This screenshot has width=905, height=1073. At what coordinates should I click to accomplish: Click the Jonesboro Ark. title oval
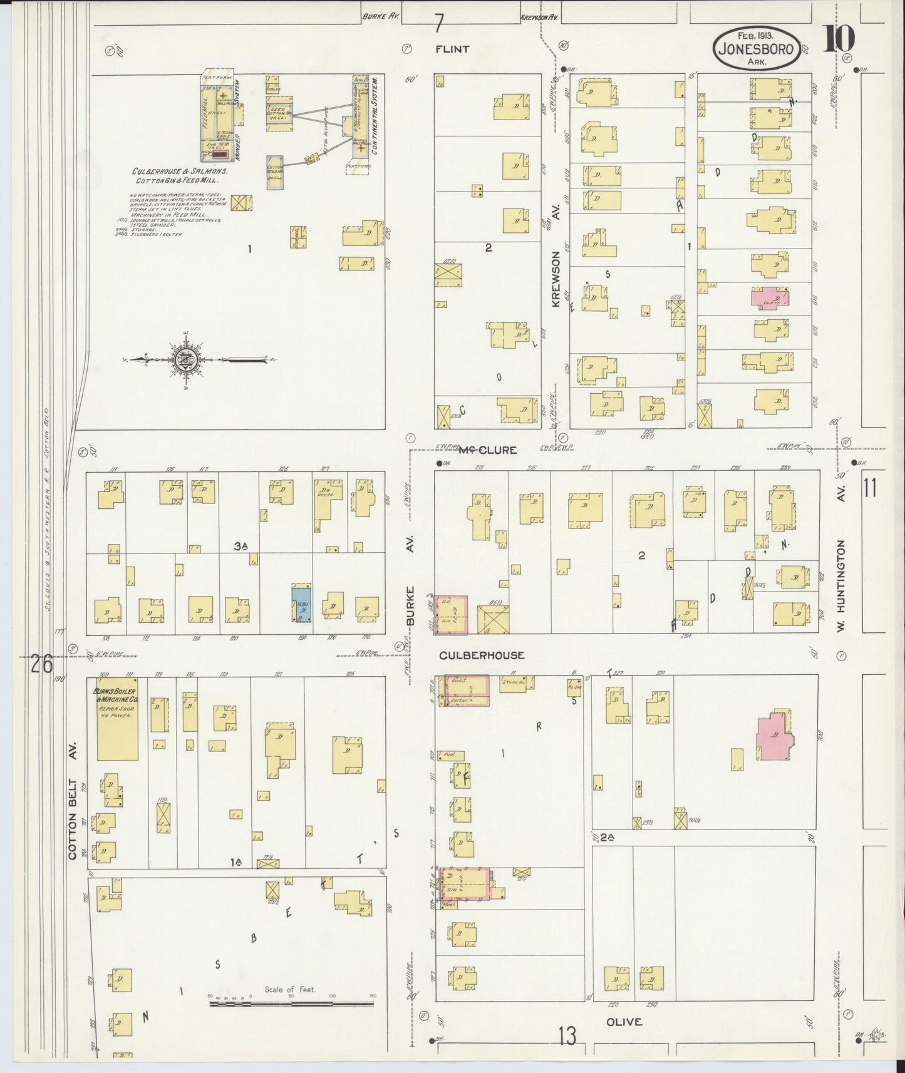(757, 49)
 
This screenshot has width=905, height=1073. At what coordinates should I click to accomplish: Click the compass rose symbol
(187, 359)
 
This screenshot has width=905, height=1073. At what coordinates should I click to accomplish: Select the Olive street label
(624, 1022)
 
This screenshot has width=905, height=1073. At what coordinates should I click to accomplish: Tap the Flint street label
(453, 49)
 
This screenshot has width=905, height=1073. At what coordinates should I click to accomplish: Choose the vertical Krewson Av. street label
(555, 257)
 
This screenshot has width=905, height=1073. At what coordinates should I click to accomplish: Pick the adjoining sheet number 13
(567, 1037)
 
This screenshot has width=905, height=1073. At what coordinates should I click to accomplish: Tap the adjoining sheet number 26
(41, 664)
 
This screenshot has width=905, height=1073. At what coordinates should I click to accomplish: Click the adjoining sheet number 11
(870, 488)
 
